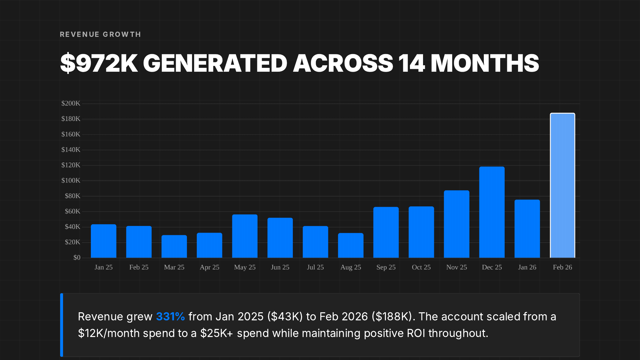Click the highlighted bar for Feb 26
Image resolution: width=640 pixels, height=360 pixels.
tap(562, 186)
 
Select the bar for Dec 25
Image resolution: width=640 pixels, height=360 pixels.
tap(492, 212)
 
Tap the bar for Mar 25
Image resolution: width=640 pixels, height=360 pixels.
tap(174, 246)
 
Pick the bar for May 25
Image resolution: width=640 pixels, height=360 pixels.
tap(245, 236)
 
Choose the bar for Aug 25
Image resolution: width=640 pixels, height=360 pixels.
tap(351, 245)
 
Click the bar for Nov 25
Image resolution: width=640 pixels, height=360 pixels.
tap(457, 224)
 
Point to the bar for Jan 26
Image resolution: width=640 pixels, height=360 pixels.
tap(527, 229)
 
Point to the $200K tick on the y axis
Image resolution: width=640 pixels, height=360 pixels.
tap(71, 103)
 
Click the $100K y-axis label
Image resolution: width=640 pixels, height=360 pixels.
tap(71, 180)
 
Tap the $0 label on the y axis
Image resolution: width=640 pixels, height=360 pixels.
tap(77, 258)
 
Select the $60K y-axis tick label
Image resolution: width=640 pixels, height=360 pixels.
tap(72, 211)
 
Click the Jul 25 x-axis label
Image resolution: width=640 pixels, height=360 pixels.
tap(315, 267)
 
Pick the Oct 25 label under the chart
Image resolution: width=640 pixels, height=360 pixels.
tap(421, 267)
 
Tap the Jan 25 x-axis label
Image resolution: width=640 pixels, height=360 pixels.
tap(103, 267)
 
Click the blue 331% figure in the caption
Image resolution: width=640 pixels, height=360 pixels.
tap(170, 317)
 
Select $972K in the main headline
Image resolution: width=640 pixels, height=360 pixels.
tap(99, 63)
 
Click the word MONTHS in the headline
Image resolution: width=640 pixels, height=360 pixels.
tap(485, 63)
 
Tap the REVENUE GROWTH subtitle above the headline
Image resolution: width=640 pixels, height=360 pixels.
tap(100, 35)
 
